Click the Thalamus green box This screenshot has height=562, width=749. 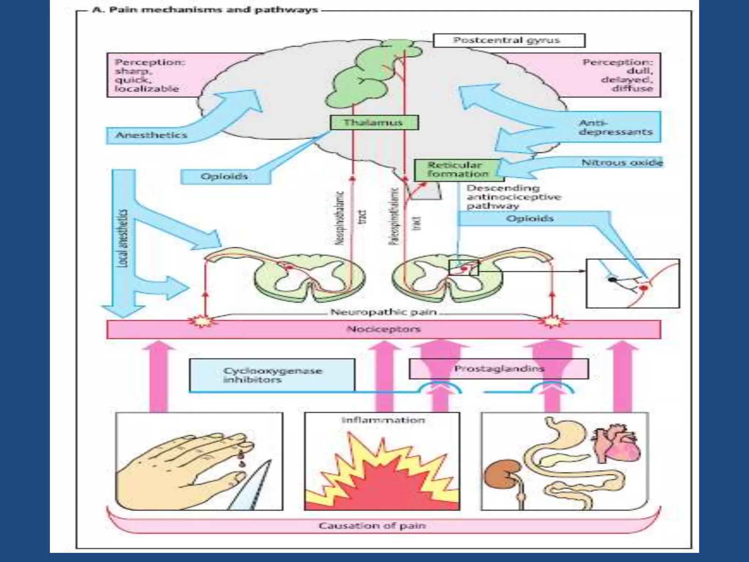374,123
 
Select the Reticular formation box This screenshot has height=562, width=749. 458,170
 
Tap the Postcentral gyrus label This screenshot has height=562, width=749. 508,40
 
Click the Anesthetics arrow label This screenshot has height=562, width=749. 151,135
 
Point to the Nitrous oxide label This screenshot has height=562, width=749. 622,162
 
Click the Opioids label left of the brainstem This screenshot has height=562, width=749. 224,177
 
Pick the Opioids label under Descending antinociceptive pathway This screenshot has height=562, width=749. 530,219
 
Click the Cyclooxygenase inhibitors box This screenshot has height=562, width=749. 272,375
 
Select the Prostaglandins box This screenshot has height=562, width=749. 499,369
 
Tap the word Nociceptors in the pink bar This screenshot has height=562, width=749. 383,329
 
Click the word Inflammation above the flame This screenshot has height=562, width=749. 383,420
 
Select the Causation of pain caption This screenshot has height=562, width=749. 372,526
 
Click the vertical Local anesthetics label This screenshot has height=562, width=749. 124,238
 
